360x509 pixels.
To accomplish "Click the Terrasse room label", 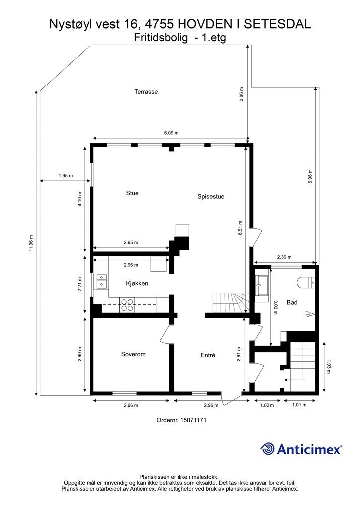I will [146, 92].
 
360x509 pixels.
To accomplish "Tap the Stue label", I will [132, 193].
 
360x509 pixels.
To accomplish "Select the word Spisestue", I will [211, 197].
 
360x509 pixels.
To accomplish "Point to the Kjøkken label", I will [137, 284].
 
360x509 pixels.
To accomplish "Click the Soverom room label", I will [133, 354].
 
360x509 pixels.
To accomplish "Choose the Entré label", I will [208, 355].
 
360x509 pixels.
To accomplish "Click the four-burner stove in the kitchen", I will [127, 304].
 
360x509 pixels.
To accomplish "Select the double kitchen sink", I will [102, 282].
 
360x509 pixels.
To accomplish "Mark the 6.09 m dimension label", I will [171, 133].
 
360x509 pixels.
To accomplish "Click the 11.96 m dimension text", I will [31, 244].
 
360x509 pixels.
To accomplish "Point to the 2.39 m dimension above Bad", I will [284, 257].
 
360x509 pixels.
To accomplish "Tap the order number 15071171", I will [181, 420].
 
